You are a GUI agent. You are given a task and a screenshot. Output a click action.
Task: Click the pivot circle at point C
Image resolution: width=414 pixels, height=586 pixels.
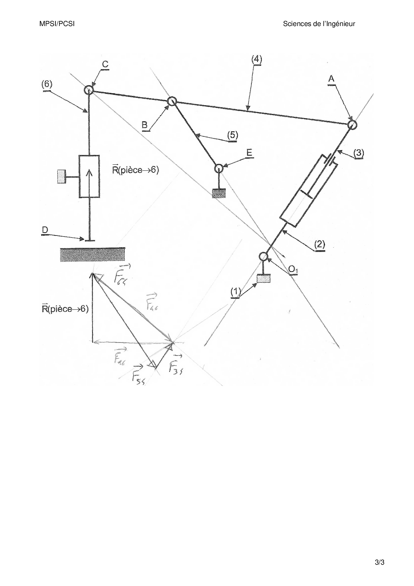click(88, 90)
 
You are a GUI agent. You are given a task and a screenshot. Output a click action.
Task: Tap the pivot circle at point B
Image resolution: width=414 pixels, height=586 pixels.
click(172, 101)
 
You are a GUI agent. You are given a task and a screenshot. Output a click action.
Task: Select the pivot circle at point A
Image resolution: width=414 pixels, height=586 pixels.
click(352, 125)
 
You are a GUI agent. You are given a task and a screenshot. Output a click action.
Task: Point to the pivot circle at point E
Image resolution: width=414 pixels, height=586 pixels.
click(219, 168)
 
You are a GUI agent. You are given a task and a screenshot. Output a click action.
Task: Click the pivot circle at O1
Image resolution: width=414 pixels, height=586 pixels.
click(263, 256)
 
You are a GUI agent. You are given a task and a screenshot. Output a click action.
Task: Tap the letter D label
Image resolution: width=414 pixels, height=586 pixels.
click(45, 230)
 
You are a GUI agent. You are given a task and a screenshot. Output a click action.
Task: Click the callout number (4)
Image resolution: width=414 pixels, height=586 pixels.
click(256, 59)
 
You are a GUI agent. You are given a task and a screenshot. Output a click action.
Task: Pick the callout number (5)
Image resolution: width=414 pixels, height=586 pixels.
click(232, 135)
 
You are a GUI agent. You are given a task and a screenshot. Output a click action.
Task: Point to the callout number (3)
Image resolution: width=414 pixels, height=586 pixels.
click(359, 153)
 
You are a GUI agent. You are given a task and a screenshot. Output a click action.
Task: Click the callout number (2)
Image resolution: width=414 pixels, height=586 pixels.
click(320, 244)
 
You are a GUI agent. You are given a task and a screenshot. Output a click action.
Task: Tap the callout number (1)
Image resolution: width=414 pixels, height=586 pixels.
click(235, 292)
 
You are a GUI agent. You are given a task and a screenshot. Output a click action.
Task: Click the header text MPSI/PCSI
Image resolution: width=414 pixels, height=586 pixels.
click(57, 24)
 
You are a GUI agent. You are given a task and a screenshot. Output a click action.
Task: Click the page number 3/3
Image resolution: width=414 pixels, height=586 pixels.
click(380, 562)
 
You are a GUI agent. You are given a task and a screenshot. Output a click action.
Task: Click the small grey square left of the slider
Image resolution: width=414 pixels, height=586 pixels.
click(61, 176)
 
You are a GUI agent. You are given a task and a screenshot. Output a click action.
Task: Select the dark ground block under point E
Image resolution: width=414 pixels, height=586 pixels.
click(219, 193)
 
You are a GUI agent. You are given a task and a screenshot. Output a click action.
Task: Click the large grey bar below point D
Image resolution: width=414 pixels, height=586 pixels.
click(92, 254)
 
